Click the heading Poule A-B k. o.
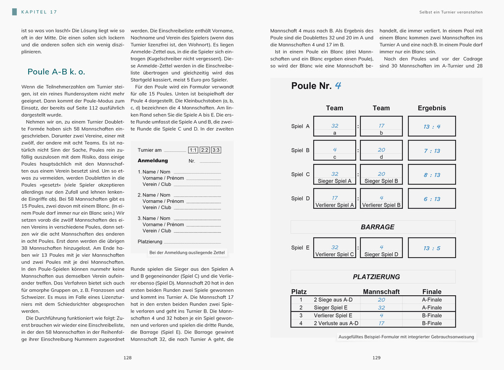click(56, 72)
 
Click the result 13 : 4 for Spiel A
click(432, 127)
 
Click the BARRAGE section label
click(378, 227)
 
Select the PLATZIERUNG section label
click(377, 277)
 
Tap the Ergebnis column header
click(432, 108)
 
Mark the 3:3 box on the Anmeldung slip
click(216, 150)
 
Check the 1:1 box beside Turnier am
click(193, 150)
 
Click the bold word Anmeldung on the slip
click(153, 161)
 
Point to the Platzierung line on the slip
click(150, 242)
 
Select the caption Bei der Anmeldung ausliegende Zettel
click(187, 253)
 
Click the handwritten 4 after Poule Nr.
click(338, 85)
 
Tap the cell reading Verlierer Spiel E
click(333, 316)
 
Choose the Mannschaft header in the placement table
click(381, 292)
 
